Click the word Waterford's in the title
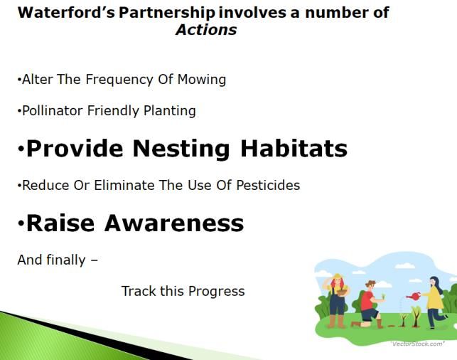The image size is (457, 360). coord(66,13)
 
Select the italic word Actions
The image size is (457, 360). coord(206,30)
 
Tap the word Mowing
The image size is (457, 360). coord(202,80)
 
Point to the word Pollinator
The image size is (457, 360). coord(53,111)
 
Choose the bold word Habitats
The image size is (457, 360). coord(294,148)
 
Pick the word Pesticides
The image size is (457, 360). coord(268,185)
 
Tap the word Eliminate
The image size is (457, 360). coord(124,185)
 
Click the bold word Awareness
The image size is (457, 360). coord(174,223)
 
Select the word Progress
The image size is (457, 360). coord(217,292)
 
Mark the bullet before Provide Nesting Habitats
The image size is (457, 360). coord(21,149)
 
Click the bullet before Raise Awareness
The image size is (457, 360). coord(21,223)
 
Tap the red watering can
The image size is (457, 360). coord(414,297)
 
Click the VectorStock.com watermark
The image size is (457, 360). coord(418,344)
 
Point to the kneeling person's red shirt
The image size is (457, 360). coord(367,300)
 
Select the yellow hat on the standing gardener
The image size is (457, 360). coord(337,276)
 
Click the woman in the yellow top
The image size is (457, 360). coord(434,302)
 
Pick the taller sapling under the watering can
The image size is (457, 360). coord(416,316)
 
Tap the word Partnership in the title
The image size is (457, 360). coord(167,13)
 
